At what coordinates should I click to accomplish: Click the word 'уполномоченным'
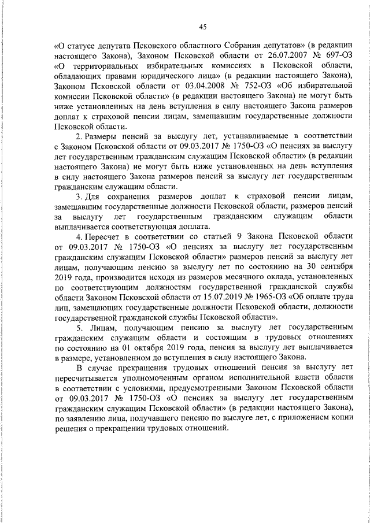pos(140,377)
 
